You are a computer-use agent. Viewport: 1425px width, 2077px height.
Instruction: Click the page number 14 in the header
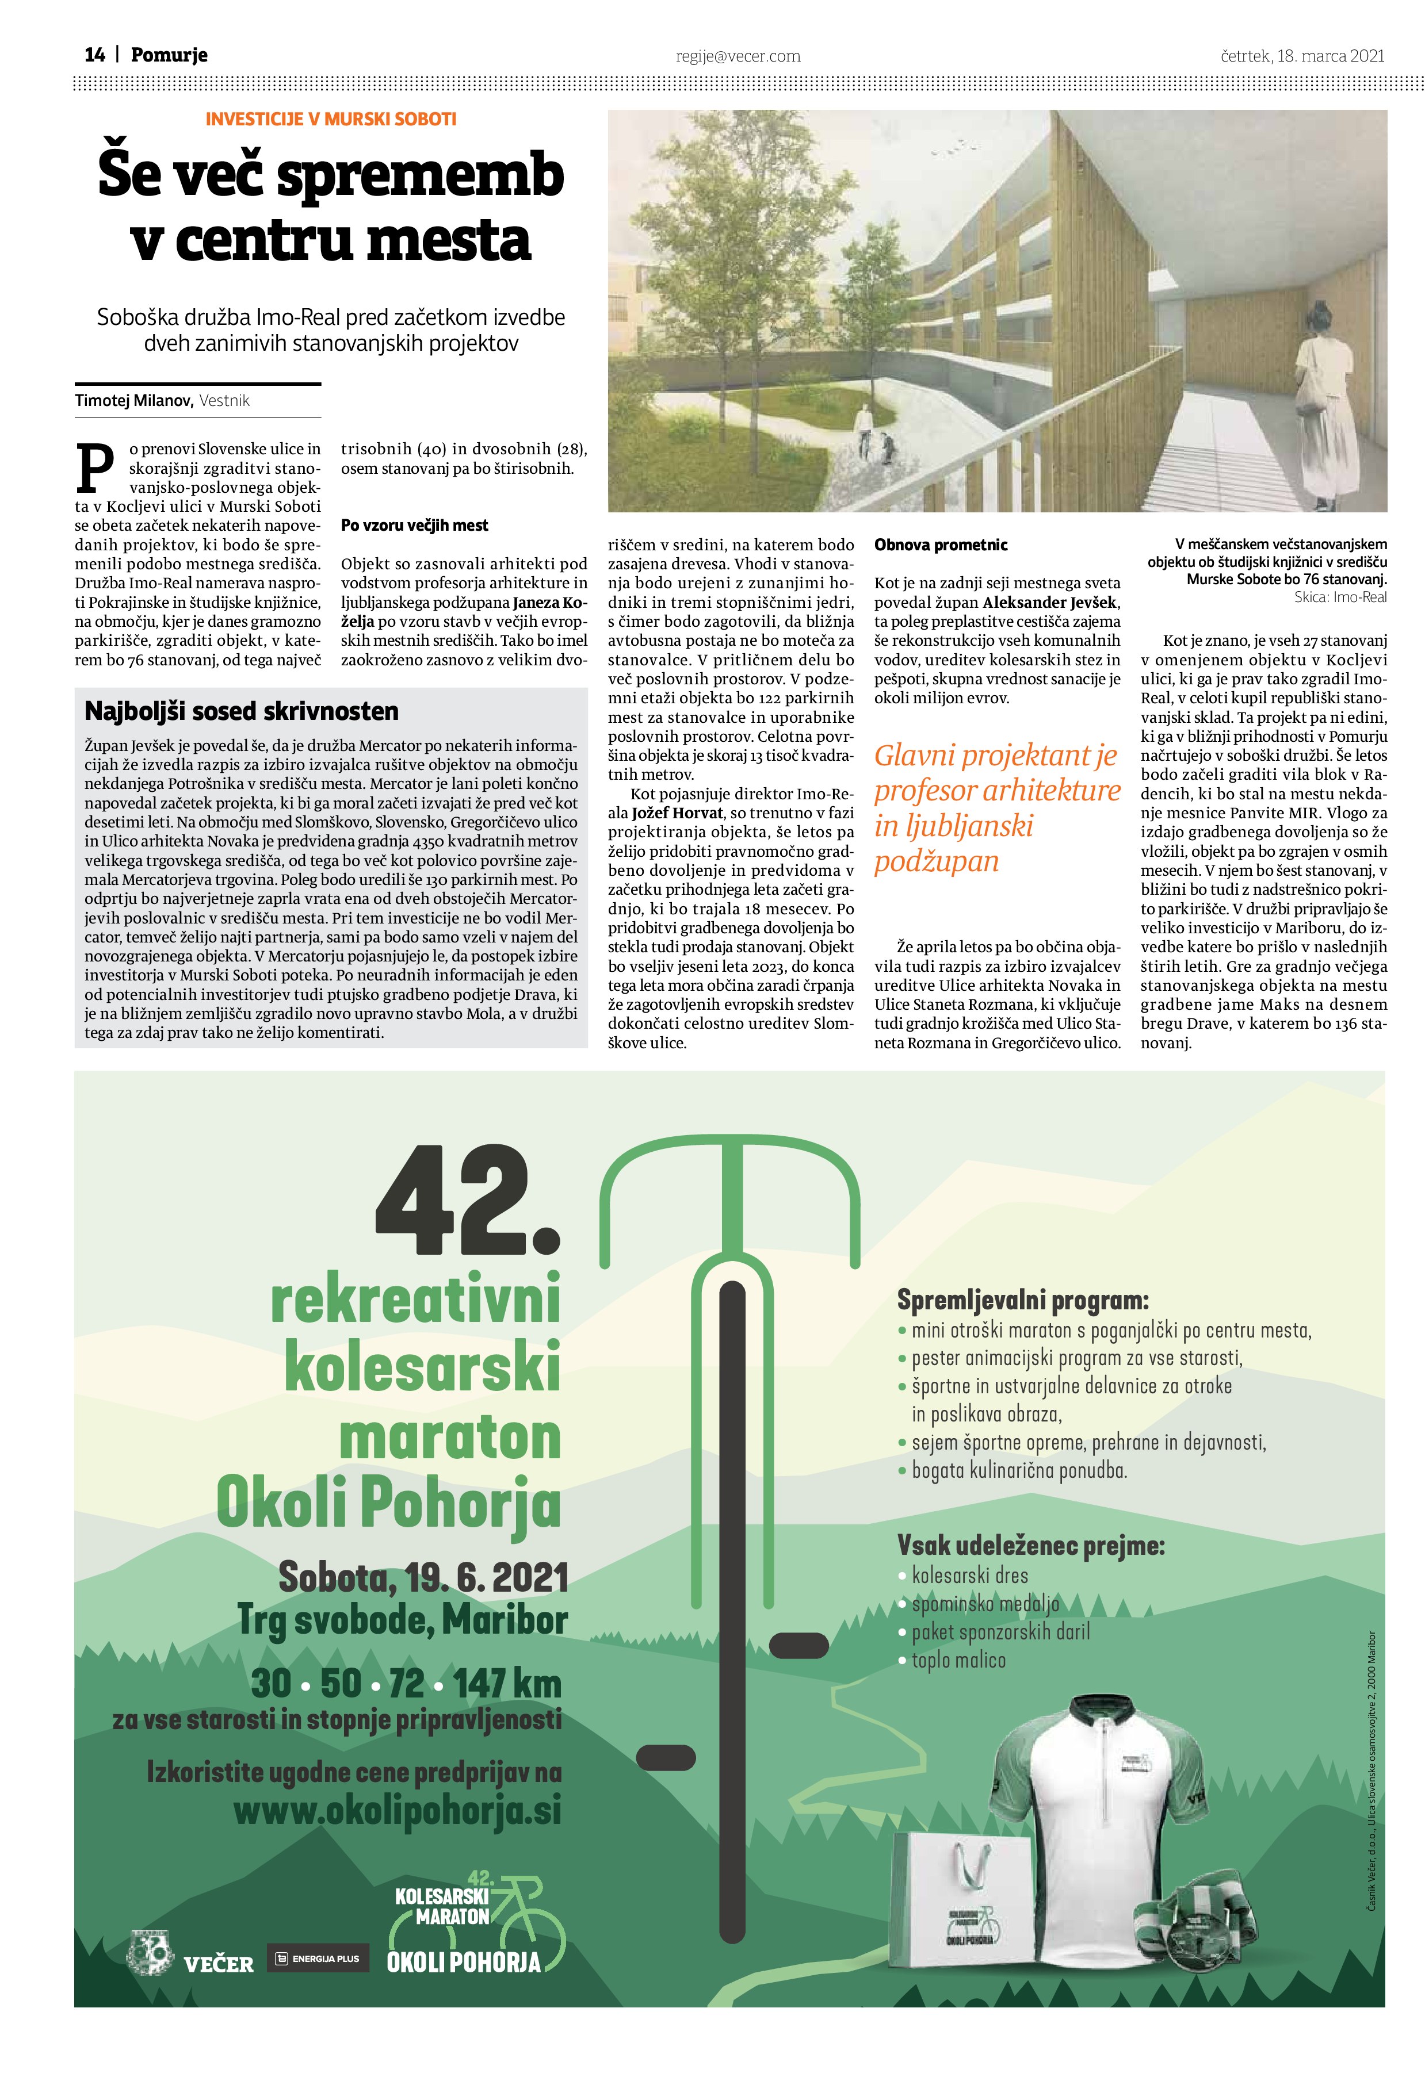95,55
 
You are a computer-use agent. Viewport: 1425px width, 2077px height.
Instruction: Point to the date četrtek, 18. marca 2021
1302,55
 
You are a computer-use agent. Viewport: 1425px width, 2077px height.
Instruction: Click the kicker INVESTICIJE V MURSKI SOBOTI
331,119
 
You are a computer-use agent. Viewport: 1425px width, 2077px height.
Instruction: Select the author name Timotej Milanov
134,400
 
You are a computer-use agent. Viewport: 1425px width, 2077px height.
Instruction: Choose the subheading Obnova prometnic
941,545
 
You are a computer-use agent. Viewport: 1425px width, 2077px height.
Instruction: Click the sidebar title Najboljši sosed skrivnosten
242,711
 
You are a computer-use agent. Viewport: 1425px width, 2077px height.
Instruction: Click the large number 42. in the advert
467,1202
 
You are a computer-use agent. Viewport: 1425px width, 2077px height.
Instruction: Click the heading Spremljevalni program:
1022,1300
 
